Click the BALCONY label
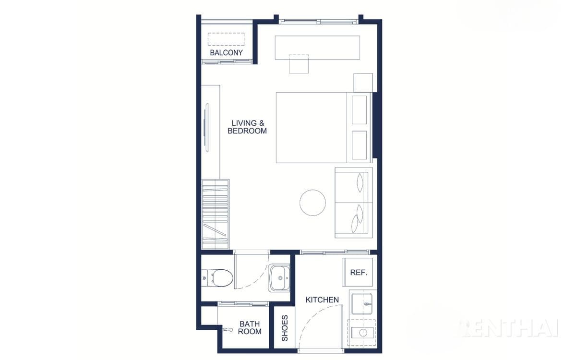[226, 53]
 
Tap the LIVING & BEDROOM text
[247, 127]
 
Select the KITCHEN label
[322, 300]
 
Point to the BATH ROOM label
[250, 327]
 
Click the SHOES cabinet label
[285, 328]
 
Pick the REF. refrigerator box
[358, 272]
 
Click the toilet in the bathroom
[217, 278]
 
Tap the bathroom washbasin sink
[279, 278]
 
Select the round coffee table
[312, 203]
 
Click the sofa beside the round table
[354, 203]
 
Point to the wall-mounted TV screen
[206, 128]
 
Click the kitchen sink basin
[362, 304]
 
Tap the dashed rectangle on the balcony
[226, 39]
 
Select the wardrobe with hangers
[215, 214]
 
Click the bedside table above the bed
[363, 83]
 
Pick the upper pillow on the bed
[359, 110]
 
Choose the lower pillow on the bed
[359, 145]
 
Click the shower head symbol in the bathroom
[228, 330]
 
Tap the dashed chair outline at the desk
[299, 64]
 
